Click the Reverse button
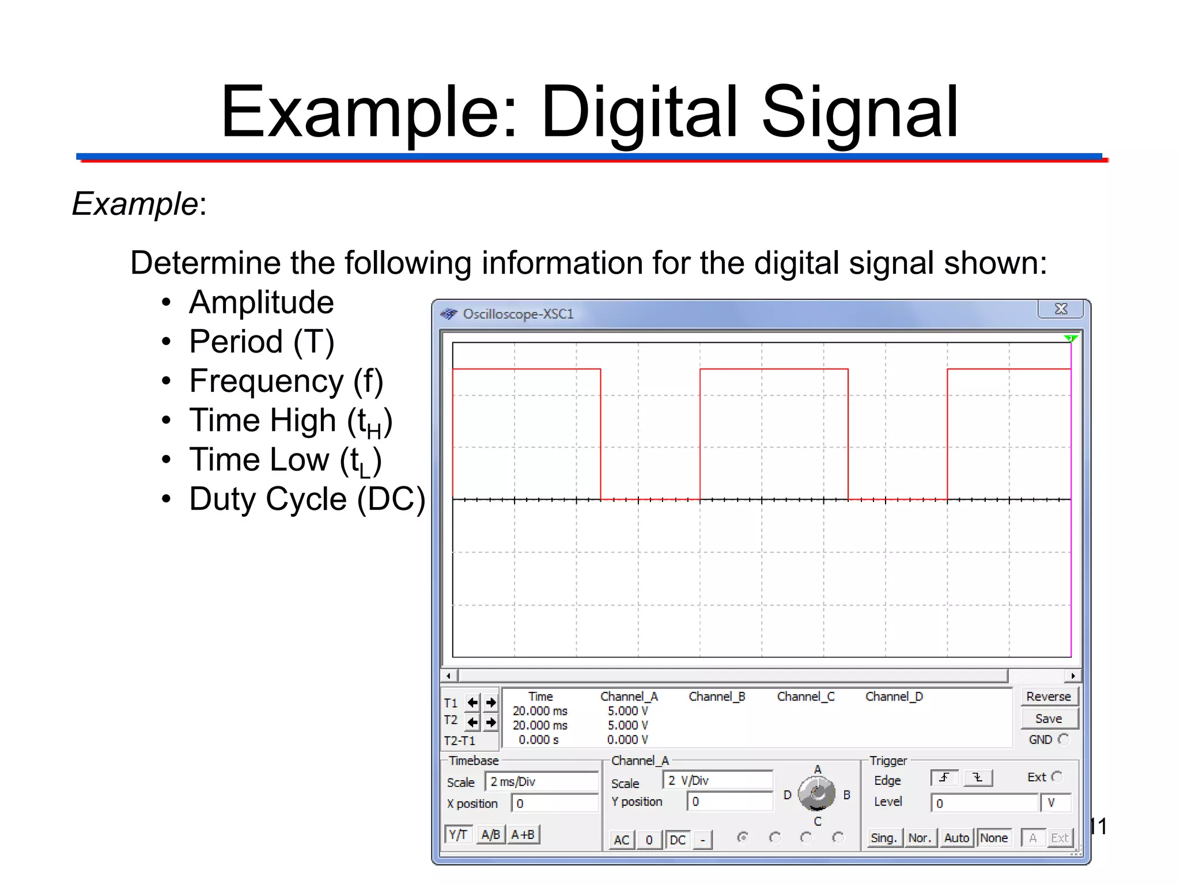(x=1048, y=697)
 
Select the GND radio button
(x=1063, y=739)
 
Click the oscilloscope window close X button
(x=1061, y=309)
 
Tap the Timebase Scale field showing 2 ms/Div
(x=542, y=782)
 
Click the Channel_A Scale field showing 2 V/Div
(x=717, y=781)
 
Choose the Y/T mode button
(x=458, y=834)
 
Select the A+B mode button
(x=523, y=834)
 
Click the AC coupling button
(x=621, y=839)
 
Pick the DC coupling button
(x=678, y=839)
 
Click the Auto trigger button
(x=956, y=838)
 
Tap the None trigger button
(x=994, y=838)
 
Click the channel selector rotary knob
(x=816, y=795)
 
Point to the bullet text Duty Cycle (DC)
(x=307, y=499)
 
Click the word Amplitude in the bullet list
(x=262, y=302)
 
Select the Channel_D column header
(x=894, y=697)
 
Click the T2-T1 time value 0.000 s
(x=539, y=740)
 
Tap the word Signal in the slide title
(x=860, y=112)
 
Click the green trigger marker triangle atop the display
(x=1071, y=339)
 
